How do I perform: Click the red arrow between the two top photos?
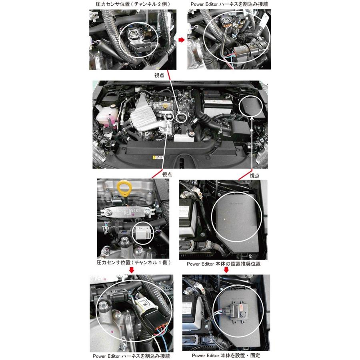[x=181, y=40]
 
